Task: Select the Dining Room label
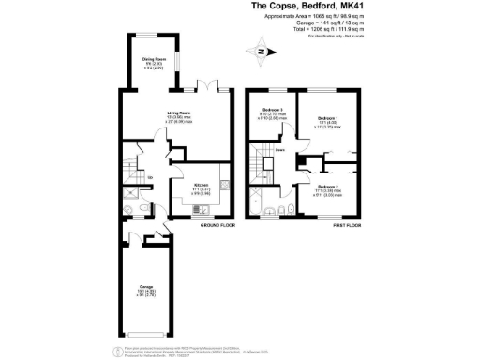154,64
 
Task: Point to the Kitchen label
200,187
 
